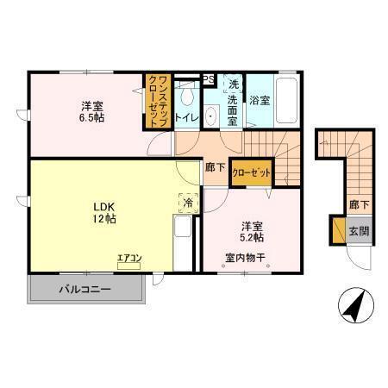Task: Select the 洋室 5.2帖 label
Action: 252,230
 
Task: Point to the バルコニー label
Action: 84,288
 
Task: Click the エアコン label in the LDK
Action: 128,256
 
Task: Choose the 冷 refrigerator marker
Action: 189,203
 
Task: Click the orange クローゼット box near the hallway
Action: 252,172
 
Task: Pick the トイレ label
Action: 187,116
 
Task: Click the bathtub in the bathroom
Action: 288,103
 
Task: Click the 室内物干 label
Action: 247,256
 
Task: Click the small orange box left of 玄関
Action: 336,230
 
